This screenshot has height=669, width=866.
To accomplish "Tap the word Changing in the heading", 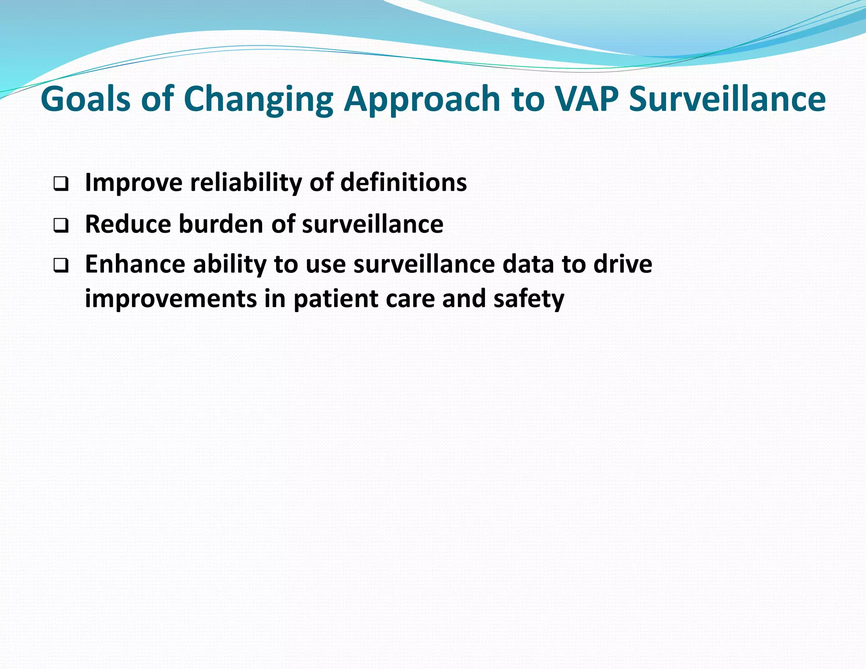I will click(258, 100).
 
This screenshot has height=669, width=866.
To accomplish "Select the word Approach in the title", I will click(422, 100).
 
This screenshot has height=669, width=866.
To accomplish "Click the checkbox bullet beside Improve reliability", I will click(61, 184).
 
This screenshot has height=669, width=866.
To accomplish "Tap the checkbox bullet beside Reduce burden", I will click(61, 225).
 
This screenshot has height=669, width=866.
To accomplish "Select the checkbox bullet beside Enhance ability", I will click(61, 266).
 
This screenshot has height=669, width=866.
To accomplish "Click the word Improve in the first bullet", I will click(134, 183).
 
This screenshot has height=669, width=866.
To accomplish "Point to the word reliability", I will click(246, 183).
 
